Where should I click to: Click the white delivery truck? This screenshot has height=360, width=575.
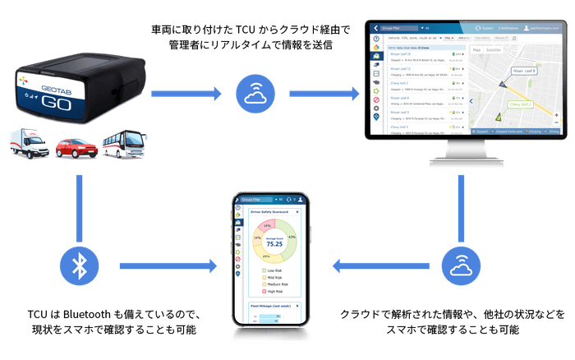[29, 145]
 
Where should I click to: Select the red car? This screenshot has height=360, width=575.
[76, 149]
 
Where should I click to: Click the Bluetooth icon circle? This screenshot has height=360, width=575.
[79, 265]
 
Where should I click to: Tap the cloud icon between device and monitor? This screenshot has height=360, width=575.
[254, 95]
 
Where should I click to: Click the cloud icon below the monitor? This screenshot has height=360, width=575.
[458, 265]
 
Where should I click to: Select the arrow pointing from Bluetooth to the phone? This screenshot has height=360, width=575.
[168, 265]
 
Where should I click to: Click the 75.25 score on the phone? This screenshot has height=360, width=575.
[274, 243]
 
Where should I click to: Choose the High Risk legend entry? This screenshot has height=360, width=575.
[274, 291]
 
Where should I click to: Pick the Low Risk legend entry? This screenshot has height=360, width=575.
[272, 270]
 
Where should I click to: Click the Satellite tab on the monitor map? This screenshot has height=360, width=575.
[494, 50]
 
